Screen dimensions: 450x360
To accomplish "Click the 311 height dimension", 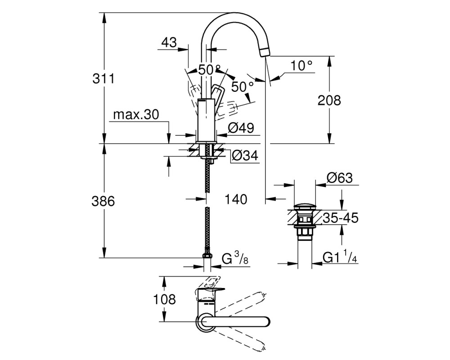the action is [x=103, y=78].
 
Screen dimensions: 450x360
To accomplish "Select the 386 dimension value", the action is [x=103, y=201].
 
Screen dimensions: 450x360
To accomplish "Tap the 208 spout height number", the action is [x=329, y=100].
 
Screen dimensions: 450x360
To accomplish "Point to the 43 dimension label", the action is [x=169, y=42].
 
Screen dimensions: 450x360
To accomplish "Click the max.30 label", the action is [x=136, y=115].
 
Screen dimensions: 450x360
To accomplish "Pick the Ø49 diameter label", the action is [x=241, y=128].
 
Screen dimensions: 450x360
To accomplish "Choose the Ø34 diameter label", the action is [x=245, y=155].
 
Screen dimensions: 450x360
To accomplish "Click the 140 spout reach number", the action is [x=236, y=199].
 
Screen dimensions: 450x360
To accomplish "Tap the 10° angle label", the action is [x=301, y=66].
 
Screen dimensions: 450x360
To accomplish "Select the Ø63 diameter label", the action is [x=339, y=178].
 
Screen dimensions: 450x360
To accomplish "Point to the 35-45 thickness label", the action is [x=341, y=218].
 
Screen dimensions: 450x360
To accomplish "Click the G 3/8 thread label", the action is [x=235, y=258].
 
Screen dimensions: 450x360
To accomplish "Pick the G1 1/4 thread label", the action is [x=340, y=257].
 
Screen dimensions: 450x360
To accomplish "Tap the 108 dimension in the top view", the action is [x=164, y=299].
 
